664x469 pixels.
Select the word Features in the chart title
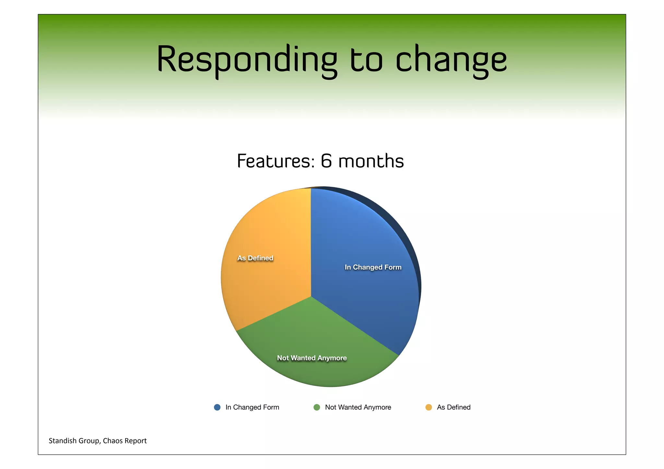pyautogui.click(x=276, y=161)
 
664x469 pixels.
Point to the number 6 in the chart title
pyautogui.click(x=326, y=161)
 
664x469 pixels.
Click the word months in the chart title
pyautogui.click(x=371, y=161)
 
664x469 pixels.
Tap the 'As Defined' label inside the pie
pyautogui.click(x=255, y=258)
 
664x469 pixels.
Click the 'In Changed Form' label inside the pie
pyautogui.click(x=373, y=267)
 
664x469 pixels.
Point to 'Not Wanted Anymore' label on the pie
pyautogui.click(x=312, y=358)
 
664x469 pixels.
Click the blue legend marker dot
pyautogui.click(x=217, y=407)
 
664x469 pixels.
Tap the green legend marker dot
pyautogui.click(x=317, y=407)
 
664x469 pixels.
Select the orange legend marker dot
pyautogui.click(x=429, y=407)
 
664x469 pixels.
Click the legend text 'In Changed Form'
pyautogui.click(x=252, y=407)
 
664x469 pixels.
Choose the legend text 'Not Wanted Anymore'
pyautogui.click(x=358, y=407)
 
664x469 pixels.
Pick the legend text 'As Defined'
pyautogui.click(x=454, y=407)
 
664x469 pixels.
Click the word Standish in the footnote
pyautogui.click(x=63, y=441)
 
